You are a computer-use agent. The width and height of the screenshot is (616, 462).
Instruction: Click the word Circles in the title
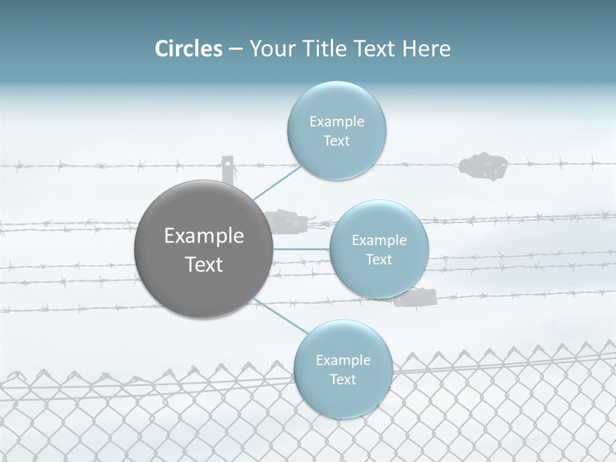click(x=188, y=49)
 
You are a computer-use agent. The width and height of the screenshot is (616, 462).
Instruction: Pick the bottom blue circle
click(x=343, y=398)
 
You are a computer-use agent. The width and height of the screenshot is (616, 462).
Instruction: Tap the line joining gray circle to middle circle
click(x=302, y=248)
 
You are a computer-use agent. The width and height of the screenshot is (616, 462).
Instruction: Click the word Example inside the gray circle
click(x=204, y=236)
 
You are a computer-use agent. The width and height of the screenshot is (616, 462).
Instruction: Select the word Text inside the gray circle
click(x=204, y=264)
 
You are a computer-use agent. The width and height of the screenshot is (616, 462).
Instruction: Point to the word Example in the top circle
click(x=336, y=122)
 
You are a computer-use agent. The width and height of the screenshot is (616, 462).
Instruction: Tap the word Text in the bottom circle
click(x=343, y=379)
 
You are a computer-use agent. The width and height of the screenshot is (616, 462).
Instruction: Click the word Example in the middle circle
click(x=379, y=241)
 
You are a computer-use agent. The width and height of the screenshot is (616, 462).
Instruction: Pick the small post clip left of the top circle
click(x=227, y=169)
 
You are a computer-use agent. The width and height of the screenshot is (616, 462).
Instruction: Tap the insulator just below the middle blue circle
click(x=416, y=298)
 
